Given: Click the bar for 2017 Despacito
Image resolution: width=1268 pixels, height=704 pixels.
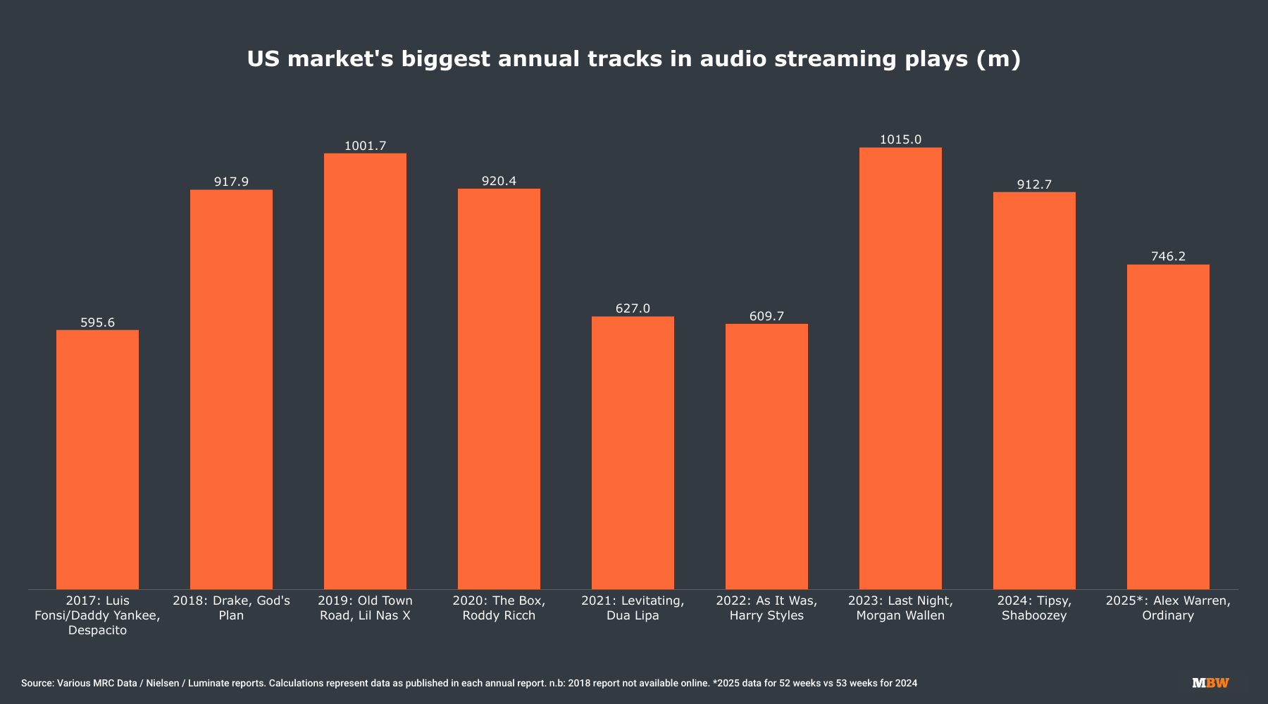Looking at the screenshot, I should coord(97,459).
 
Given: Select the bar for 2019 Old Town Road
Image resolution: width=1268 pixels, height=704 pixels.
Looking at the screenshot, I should coord(365,371).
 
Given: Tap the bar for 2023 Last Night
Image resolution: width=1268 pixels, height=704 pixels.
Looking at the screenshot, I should coord(900,368).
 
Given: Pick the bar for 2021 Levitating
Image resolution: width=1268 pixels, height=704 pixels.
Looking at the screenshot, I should coord(633,453).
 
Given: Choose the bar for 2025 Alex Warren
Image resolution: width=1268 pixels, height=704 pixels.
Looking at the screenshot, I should coord(1168,427).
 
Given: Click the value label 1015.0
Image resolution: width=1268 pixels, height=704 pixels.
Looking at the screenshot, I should coord(900,139).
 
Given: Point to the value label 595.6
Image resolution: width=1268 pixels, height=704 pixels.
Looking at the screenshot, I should coord(97,322).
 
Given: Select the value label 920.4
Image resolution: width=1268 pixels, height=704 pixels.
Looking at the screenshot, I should coord(499,181).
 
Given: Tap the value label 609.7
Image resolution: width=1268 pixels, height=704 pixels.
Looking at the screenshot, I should coord(766,316).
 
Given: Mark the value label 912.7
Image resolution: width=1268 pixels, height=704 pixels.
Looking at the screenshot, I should coord(1034,184).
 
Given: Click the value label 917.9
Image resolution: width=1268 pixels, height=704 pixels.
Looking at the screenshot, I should coord(231,182).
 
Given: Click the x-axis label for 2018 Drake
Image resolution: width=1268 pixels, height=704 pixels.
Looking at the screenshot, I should coord(231,608).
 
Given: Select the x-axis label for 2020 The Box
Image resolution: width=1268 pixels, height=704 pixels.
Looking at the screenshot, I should coord(499,608).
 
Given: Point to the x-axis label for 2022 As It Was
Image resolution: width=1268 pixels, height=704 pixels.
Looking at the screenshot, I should coord(766,608).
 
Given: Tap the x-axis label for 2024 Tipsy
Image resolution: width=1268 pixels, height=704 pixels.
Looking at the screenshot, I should coord(1034,608).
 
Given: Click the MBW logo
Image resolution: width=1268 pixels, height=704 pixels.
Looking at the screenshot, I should coord(1210,683).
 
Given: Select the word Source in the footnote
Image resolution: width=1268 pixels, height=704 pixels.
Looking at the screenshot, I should coord(37,683).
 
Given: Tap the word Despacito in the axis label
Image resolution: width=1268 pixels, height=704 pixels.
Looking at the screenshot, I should coord(97,630).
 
